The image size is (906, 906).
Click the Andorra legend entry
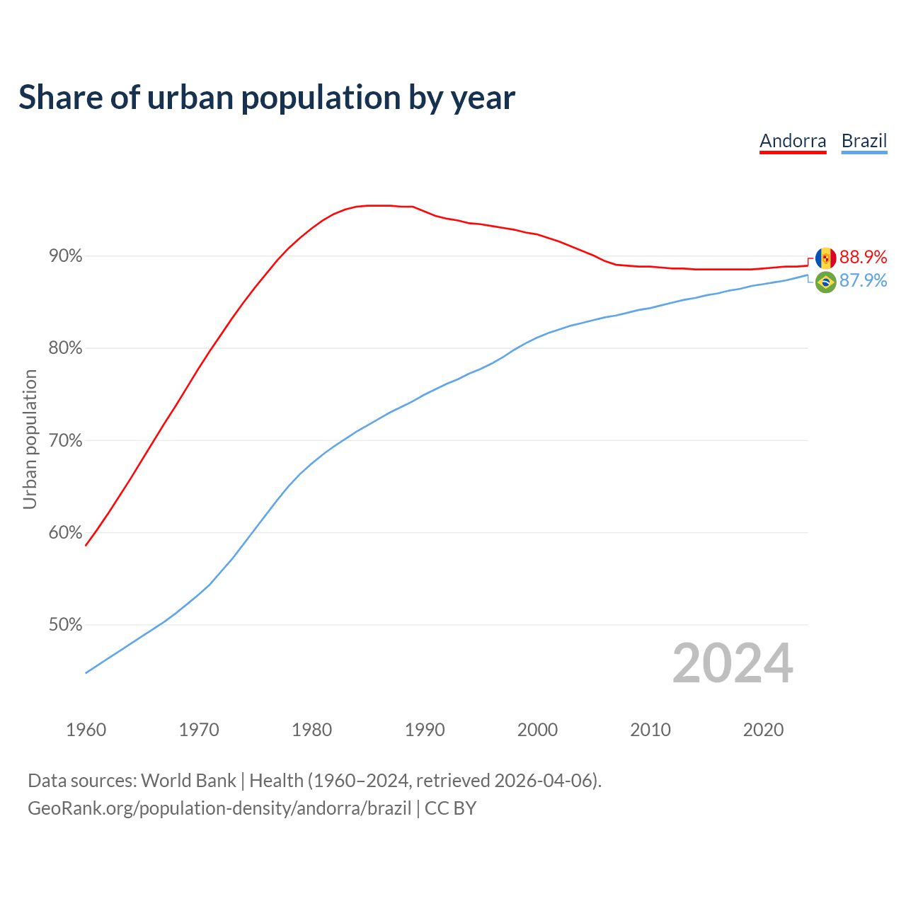tap(793, 141)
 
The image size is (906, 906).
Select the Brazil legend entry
tap(864, 141)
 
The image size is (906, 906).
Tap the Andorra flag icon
tap(825, 258)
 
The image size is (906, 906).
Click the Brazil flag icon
tap(825, 282)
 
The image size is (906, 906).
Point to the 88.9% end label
tap(863, 257)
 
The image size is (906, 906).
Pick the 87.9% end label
tap(863, 281)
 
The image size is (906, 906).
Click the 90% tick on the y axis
tap(66, 256)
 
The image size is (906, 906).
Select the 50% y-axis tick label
tap(66, 625)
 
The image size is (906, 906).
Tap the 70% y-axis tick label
tap(66, 441)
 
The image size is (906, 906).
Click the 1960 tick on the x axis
tap(86, 730)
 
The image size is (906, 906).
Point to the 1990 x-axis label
tap(425, 730)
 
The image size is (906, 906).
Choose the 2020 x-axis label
tap(763, 730)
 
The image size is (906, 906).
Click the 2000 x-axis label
tap(537, 730)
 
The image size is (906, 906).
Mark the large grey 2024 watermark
tap(733, 663)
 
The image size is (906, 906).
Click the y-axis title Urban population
tap(30, 440)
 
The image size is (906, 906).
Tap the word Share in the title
tap(60, 97)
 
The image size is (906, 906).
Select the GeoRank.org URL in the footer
tap(219, 808)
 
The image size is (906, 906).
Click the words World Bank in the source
tap(188, 781)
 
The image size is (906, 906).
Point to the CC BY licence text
tap(450, 808)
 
